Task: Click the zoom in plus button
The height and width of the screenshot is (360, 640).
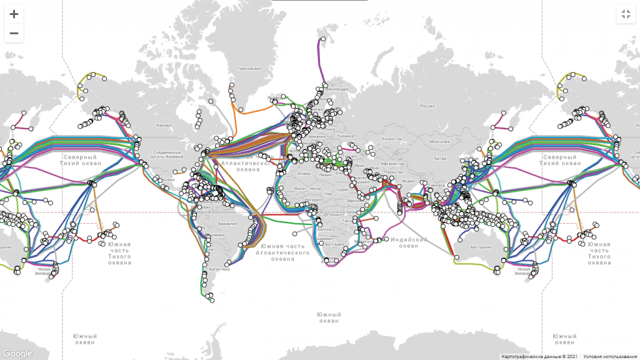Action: (14, 14)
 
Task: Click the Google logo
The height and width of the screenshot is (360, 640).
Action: (17, 354)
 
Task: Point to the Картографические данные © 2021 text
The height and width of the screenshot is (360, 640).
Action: (538, 356)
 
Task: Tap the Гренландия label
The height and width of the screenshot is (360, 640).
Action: (249, 69)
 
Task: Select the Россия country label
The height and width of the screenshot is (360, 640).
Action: (426, 106)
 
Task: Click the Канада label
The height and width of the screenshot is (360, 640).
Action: (164, 126)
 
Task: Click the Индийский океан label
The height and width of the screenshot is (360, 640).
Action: (409, 242)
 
